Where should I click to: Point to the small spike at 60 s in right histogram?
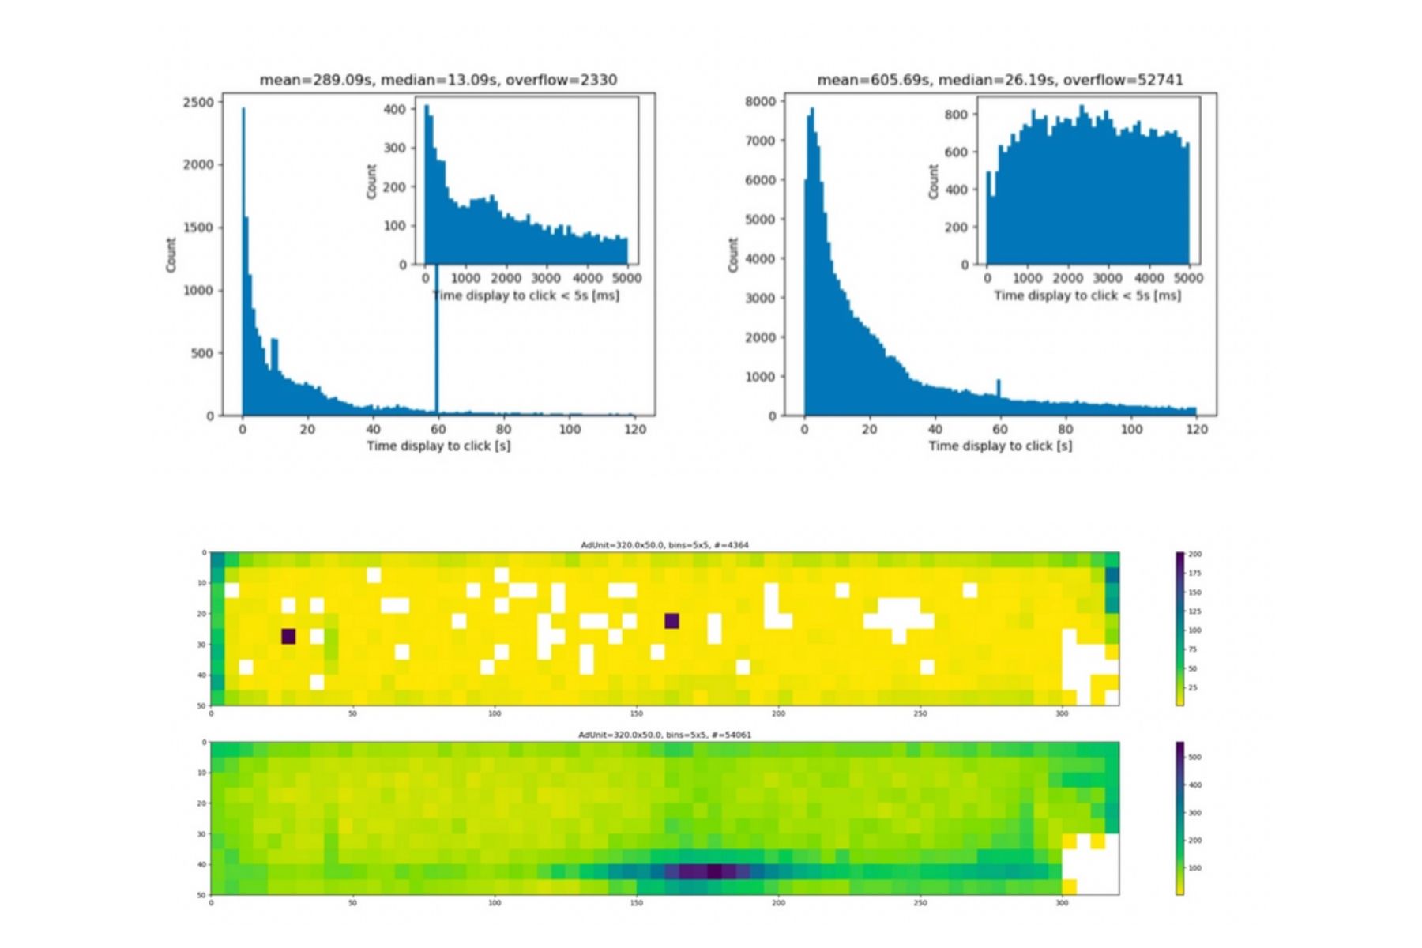tap(999, 388)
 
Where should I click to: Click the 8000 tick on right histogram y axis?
tap(760, 101)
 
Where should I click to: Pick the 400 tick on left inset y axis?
tap(394, 109)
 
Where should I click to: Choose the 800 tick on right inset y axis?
tap(955, 115)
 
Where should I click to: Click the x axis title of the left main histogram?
tap(438, 446)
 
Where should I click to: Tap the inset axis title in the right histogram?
tap(1087, 295)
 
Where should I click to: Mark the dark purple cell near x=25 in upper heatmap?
tap(288, 637)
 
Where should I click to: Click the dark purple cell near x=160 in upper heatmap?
tap(671, 621)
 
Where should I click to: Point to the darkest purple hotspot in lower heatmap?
tap(713, 871)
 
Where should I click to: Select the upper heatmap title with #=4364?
tap(664, 545)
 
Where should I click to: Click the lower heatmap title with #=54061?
tap(664, 735)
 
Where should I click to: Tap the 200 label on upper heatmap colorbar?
tap(1194, 555)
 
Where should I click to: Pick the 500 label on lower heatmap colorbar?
tap(1194, 757)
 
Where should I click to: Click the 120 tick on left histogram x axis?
tap(634, 429)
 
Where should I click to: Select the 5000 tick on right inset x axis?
tap(1189, 278)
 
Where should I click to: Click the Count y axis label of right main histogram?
tap(733, 254)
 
